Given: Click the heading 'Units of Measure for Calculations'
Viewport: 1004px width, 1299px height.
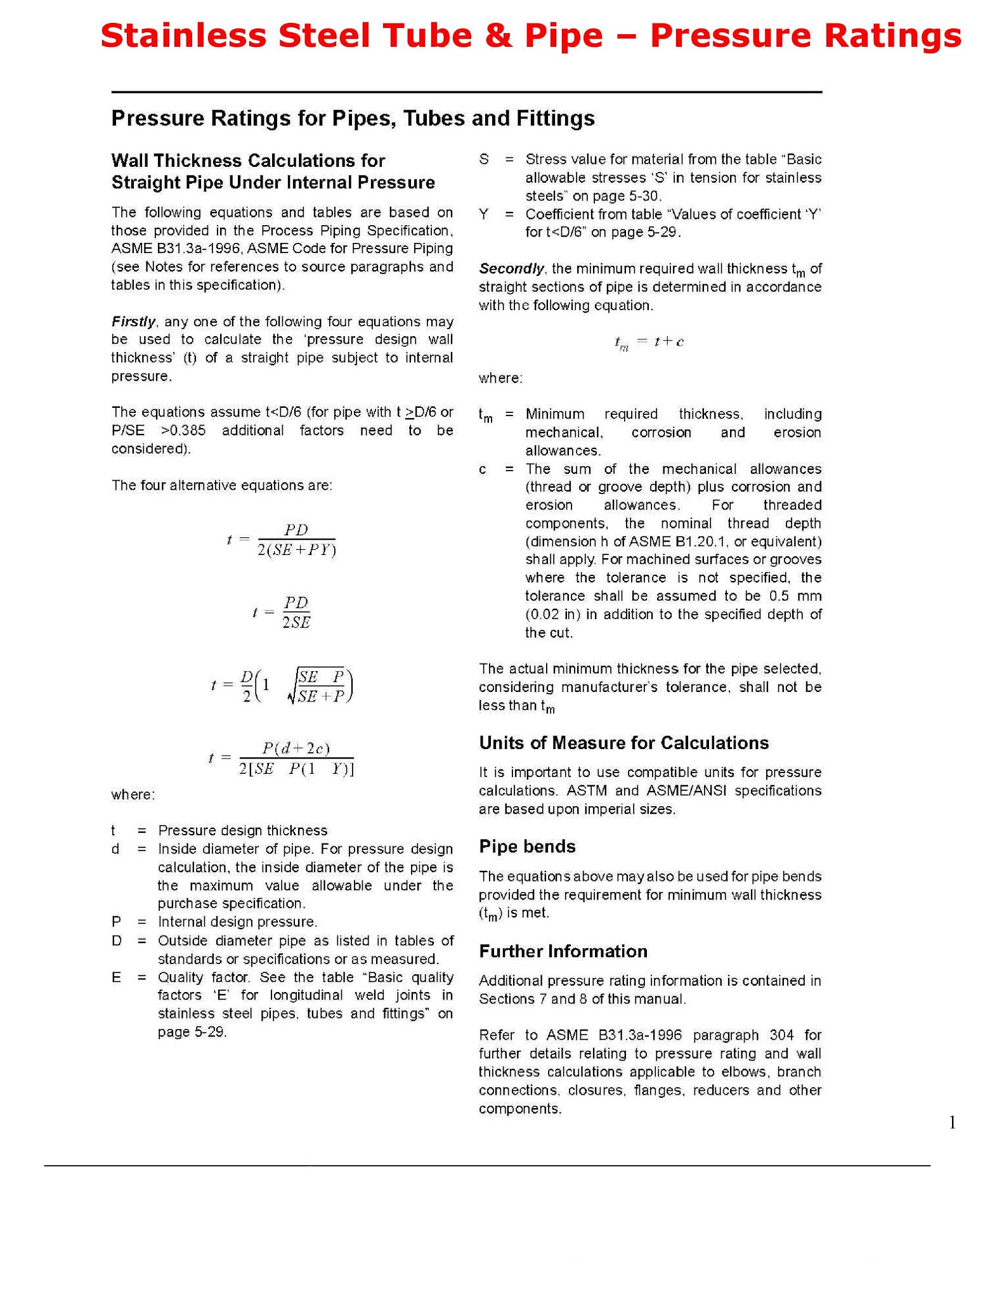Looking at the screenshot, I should click(623, 743).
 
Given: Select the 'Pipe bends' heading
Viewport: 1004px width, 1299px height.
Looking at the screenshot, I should click(527, 846).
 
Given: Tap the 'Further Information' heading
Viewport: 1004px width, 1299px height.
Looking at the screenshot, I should click(563, 951).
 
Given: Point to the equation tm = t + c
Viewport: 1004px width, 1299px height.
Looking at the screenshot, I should click(649, 343).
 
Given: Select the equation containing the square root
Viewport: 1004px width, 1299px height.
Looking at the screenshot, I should click(282, 686).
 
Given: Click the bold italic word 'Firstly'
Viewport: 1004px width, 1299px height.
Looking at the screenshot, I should click(133, 322).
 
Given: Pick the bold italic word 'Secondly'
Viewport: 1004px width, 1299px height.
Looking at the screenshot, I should click(511, 268).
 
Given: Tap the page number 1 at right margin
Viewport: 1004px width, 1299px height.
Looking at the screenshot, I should click(952, 1123).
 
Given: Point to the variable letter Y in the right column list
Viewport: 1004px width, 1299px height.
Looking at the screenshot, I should click(484, 214).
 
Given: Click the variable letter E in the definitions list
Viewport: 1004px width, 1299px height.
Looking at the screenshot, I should click(116, 977).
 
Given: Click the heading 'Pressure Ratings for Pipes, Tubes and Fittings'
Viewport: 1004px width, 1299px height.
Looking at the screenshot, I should click(353, 119).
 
